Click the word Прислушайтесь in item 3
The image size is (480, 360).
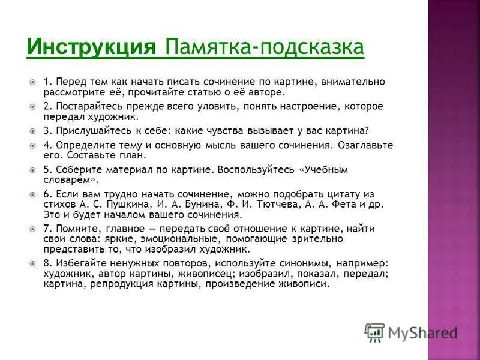(x=83, y=130)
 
